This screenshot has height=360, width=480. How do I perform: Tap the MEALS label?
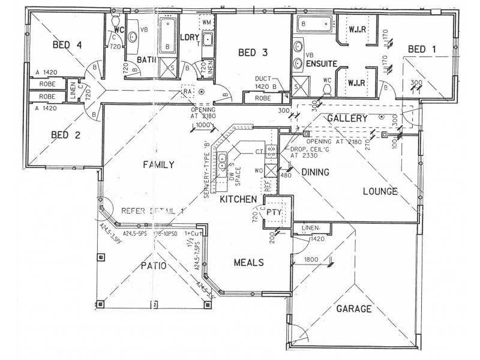click(248, 262)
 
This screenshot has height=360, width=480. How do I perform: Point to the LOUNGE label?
click(380, 192)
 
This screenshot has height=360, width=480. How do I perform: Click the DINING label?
click(315, 172)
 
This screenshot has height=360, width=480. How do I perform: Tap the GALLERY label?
click(347, 119)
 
